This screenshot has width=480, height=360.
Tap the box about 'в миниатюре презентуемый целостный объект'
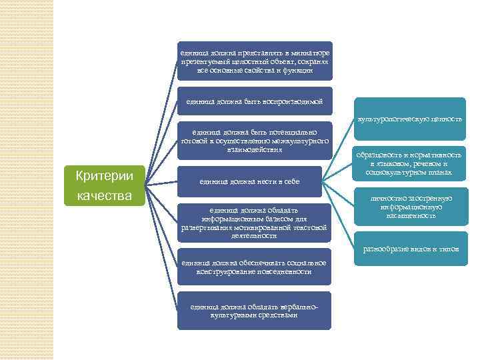click(254, 61)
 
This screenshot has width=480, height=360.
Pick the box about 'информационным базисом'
click(254, 222)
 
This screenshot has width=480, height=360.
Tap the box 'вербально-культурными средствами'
click(254, 310)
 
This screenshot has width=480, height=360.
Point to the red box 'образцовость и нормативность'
click(409, 163)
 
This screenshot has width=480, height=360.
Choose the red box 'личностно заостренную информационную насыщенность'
click(409, 207)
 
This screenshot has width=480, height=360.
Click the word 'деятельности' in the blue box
click(254, 236)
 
